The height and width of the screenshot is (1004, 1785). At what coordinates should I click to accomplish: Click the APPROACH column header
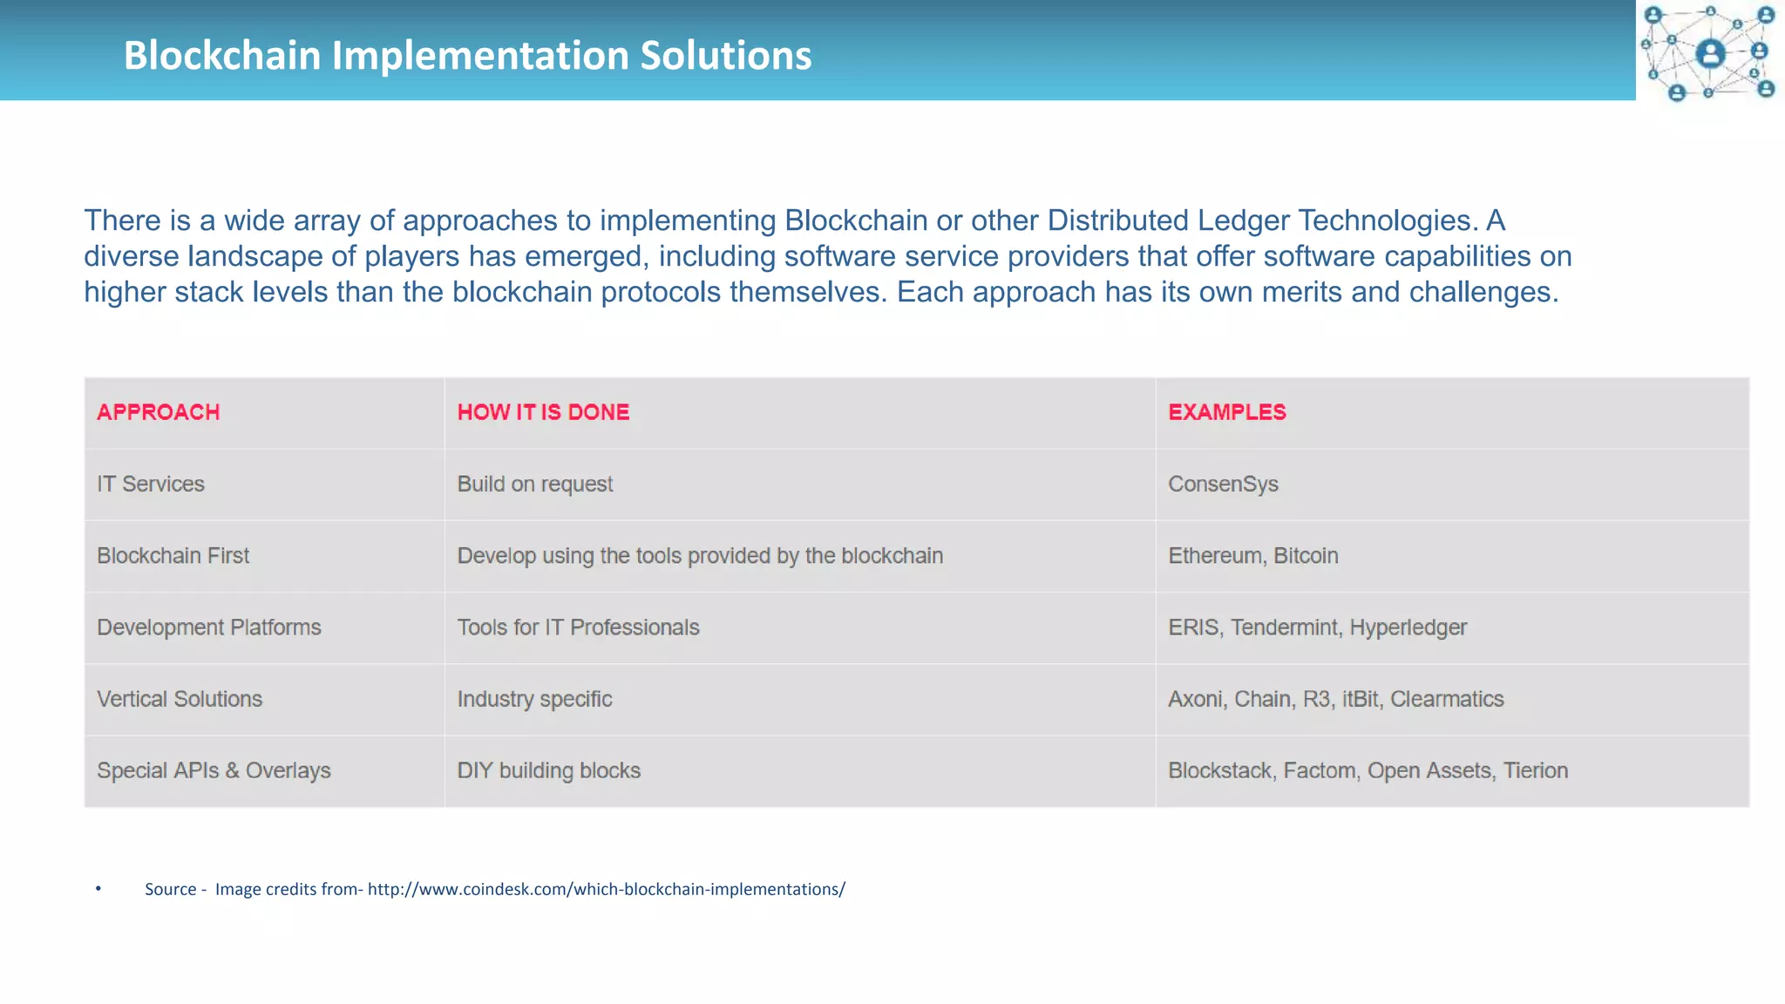(158, 412)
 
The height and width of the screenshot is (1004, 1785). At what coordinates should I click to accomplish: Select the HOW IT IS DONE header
(543, 412)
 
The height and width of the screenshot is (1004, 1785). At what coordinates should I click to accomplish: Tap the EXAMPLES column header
(1226, 412)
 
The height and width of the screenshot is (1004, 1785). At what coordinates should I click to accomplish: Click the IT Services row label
(151, 485)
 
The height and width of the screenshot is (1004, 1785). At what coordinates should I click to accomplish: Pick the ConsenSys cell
(1223, 485)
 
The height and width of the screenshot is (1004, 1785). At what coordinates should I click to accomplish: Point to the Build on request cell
(534, 485)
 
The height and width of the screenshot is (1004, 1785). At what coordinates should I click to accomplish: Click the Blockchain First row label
(173, 556)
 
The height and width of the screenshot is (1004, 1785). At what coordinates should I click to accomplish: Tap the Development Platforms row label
(208, 627)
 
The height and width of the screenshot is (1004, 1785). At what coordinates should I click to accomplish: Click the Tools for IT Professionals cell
(578, 627)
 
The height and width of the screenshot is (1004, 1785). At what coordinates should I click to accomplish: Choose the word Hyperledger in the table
(1408, 627)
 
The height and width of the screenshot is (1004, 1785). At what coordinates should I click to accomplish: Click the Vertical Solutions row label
(179, 699)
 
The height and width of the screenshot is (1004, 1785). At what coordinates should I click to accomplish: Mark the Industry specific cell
(534, 699)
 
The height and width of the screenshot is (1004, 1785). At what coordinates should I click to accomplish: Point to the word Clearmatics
(1447, 699)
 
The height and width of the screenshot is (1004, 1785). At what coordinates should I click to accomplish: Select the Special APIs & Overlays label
(214, 771)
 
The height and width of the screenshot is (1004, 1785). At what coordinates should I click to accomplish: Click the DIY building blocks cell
(548, 771)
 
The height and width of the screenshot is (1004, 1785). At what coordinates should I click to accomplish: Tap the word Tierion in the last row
(1535, 771)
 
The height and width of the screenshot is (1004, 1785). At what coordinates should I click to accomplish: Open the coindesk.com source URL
(606, 889)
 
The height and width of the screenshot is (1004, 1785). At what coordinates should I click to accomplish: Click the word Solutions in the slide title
(725, 56)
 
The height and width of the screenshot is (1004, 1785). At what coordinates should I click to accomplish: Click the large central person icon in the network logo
(1710, 53)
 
